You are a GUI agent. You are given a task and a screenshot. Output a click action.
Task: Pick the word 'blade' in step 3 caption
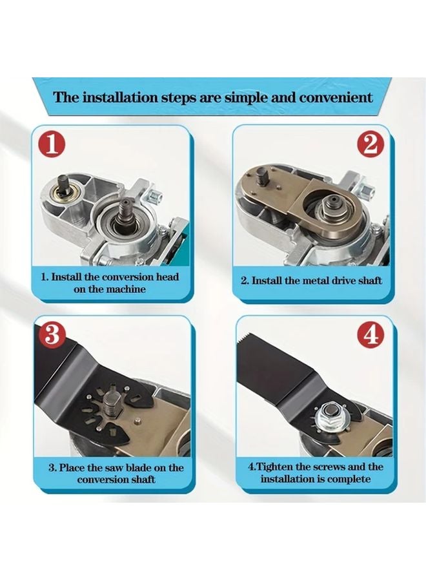point(152,467)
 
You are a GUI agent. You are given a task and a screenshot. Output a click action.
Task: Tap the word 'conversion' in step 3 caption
point(102,479)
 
